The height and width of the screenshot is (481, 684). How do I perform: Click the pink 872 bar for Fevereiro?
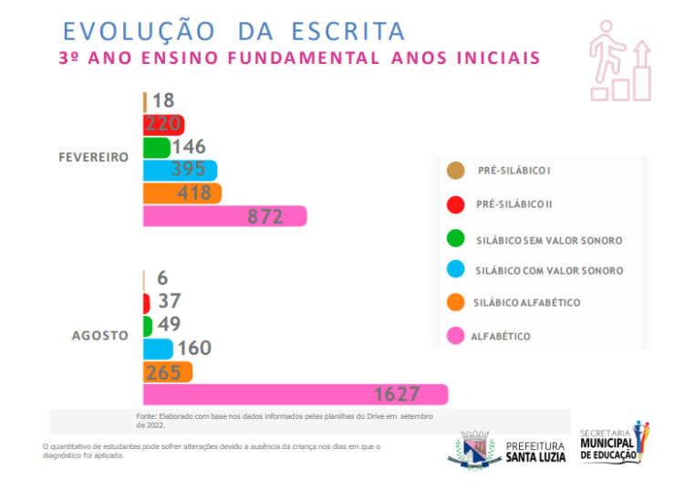pos(224,216)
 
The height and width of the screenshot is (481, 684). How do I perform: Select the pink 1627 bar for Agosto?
pos(295,394)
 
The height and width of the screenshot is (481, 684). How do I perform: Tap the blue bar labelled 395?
pos(181,171)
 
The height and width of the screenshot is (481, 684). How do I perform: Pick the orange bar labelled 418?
pos(182,193)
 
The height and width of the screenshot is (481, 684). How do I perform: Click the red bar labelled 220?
pos(164,124)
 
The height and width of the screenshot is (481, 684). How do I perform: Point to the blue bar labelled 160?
pos(158,349)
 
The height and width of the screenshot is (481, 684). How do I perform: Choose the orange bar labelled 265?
pos(168,371)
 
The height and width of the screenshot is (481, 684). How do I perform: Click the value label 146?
pos(189,147)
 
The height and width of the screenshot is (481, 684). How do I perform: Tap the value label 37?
pos(169,301)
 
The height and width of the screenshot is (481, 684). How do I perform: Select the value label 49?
pos(169,324)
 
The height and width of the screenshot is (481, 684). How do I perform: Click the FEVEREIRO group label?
pos(94,157)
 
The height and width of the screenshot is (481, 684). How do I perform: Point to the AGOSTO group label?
pos(100,335)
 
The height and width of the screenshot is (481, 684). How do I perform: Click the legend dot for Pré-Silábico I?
pos(455,171)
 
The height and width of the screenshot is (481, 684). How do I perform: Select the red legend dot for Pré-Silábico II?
pos(455,204)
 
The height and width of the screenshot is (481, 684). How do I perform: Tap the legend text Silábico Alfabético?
pos(527,302)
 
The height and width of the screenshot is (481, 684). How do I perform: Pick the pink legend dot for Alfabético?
pos(455,336)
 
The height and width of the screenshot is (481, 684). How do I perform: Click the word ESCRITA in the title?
pos(347,31)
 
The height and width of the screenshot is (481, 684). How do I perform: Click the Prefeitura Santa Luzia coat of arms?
pos(475,447)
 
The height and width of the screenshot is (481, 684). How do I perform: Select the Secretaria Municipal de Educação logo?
pos(614,442)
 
